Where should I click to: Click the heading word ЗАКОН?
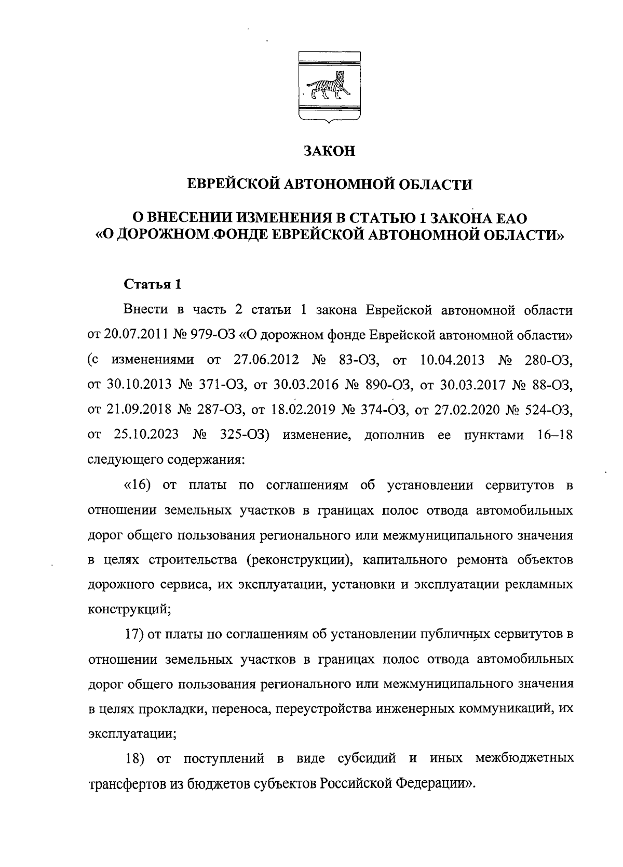(330, 151)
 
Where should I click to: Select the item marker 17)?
(134, 635)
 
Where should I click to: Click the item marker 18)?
(134, 758)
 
